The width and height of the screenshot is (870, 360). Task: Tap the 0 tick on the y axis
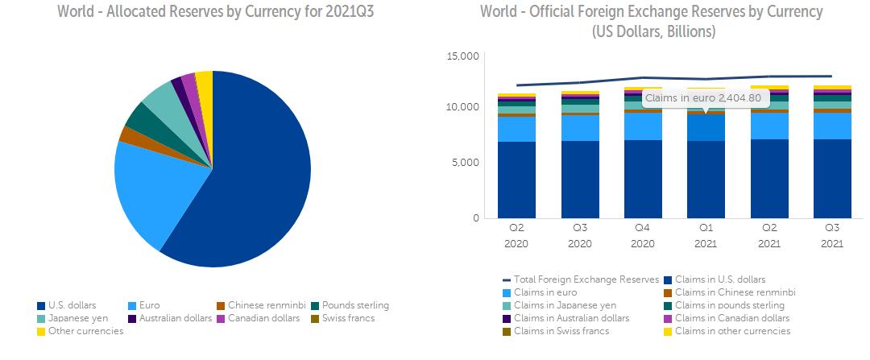pyautogui.click(x=475, y=218)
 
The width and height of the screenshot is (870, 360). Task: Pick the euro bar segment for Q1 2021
pyautogui.click(x=706, y=128)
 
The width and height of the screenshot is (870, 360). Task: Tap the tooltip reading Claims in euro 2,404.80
pyautogui.click(x=706, y=99)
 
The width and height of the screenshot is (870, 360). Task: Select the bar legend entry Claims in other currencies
pyautogui.click(x=732, y=331)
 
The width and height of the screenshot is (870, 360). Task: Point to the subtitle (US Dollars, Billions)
pyautogui.click(x=653, y=32)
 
